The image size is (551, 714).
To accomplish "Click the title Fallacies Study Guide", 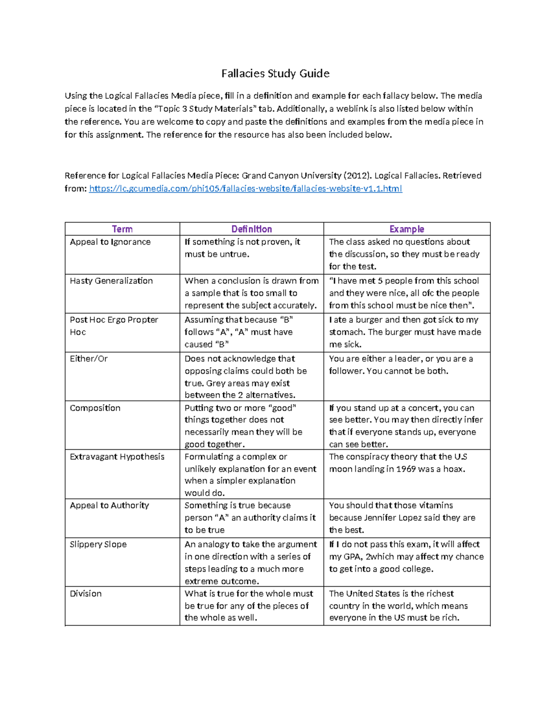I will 275,74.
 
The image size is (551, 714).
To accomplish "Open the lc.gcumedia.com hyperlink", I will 245,188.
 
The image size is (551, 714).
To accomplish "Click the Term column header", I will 122,229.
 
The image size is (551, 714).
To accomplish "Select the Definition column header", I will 251,229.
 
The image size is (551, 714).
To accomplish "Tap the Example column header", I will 406,229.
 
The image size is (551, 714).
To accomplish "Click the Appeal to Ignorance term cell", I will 110,242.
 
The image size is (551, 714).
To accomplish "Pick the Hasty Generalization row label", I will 111,281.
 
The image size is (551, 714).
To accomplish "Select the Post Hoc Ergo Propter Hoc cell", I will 114,320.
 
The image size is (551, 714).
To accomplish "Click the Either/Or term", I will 89,359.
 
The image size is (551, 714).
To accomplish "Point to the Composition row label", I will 95,408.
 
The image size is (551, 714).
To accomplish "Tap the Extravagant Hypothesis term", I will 117,457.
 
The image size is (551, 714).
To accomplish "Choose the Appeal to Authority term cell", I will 109,505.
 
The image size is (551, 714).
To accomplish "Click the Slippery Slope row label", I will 98,544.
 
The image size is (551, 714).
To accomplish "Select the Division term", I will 86,594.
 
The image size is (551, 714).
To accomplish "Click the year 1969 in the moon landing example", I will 405,469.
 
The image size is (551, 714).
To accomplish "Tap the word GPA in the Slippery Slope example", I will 352,557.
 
